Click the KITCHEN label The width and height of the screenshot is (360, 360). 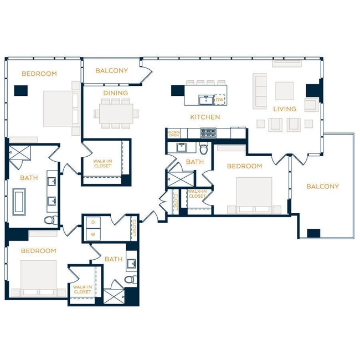click(x=205, y=117)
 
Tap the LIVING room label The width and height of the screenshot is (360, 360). click(x=285, y=109)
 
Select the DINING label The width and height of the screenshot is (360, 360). click(x=115, y=93)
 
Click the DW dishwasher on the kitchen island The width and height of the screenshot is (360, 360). click(x=220, y=100)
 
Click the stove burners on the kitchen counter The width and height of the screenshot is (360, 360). click(x=208, y=133)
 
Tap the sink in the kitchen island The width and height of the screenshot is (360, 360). click(x=205, y=100)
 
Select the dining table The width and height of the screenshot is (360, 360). click(x=115, y=114)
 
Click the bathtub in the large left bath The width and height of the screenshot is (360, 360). click(x=19, y=201)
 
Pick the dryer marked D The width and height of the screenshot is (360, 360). click(x=92, y=222)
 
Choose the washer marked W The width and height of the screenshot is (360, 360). click(x=92, y=234)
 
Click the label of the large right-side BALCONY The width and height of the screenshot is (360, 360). click(x=322, y=186)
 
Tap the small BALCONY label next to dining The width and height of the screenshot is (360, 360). click(x=111, y=70)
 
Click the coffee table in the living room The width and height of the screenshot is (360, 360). click(x=285, y=90)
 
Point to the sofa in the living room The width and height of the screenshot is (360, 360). click(x=260, y=91)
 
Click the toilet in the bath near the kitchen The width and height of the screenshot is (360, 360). click(x=204, y=148)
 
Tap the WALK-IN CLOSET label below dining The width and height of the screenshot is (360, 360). click(x=102, y=163)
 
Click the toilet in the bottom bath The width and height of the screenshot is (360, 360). click(x=130, y=280)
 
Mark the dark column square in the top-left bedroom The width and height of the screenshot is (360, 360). click(x=21, y=90)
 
